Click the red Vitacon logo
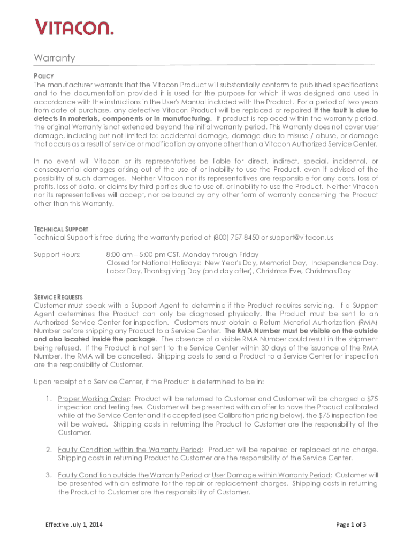pyautogui.click(x=74, y=26)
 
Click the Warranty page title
pyautogui.click(x=55, y=58)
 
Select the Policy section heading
pyautogui.click(x=43, y=76)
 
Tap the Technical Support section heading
pyautogui.click(x=61, y=229)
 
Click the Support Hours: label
pyautogui.click(x=57, y=254)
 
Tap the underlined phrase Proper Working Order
pyautogui.click(x=94, y=399)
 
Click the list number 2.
pyautogui.click(x=48, y=449)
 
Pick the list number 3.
pyautogui.click(x=48, y=475)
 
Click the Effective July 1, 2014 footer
pyautogui.click(x=73, y=524)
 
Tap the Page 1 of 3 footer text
pyautogui.click(x=351, y=524)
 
